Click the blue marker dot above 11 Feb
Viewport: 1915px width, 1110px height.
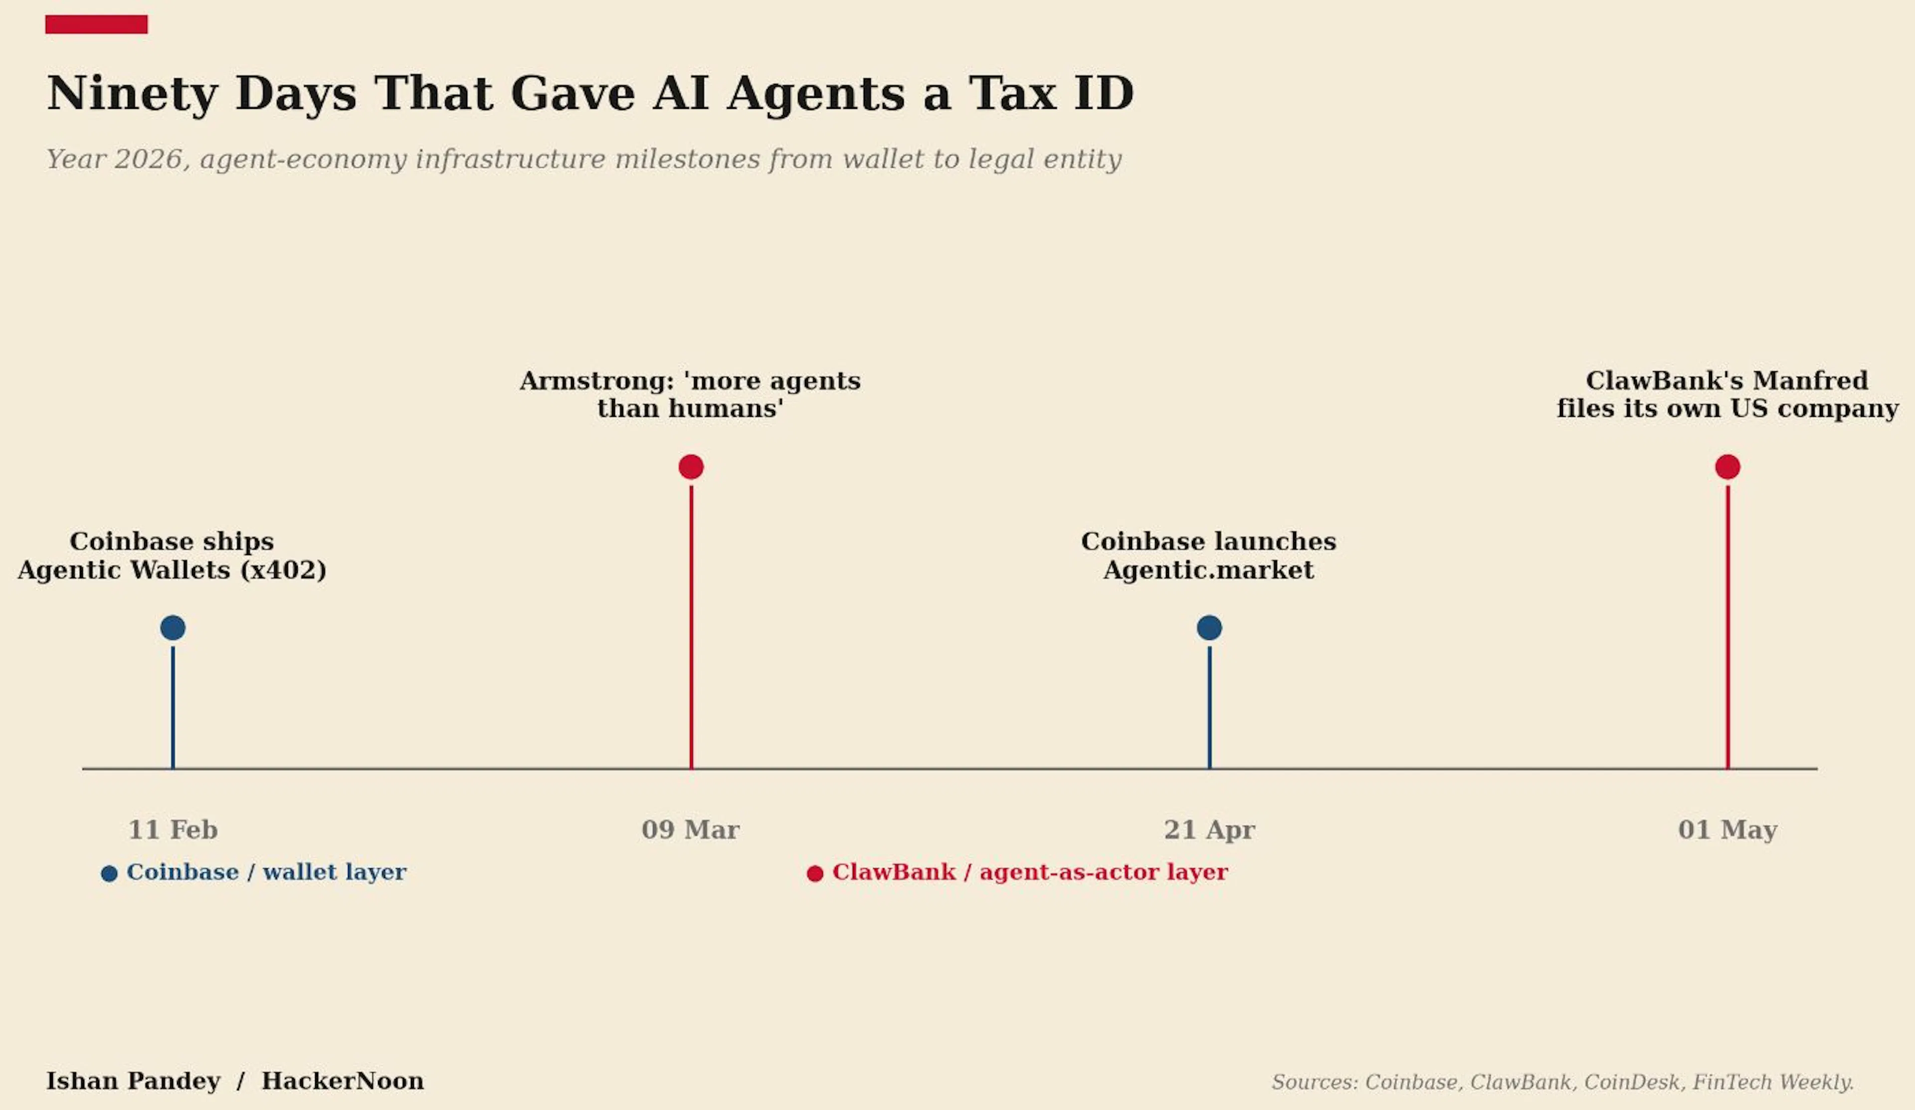(x=173, y=628)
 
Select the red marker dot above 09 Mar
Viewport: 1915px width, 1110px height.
(x=691, y=467)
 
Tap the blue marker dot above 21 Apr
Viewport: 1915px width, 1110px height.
(x=1209, y=628)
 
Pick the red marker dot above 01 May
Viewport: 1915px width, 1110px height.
(x=1727, y=467)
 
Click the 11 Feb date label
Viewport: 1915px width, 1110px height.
(x=173, y=830)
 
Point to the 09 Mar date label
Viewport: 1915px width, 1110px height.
(x=690, y=830)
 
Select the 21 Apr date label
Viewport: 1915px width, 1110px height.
(x=1209, y=830)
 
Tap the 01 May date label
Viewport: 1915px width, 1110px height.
(x=1727, y=830)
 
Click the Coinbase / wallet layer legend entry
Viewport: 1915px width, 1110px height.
(x=254, y=872)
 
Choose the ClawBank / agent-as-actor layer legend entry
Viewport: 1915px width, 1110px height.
(x=1017, y=872)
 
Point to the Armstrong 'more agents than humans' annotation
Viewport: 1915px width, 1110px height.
(x=690, y=395)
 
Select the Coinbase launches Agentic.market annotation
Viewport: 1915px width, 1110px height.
(x=1208, y=556)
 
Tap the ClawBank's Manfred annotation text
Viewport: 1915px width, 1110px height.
(x=1727, y=395)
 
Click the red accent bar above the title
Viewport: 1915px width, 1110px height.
(x=97, y=24)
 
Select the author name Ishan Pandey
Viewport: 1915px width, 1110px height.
(x=133, y=1081)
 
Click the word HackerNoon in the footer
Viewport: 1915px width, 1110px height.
(x=343, y=1081)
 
